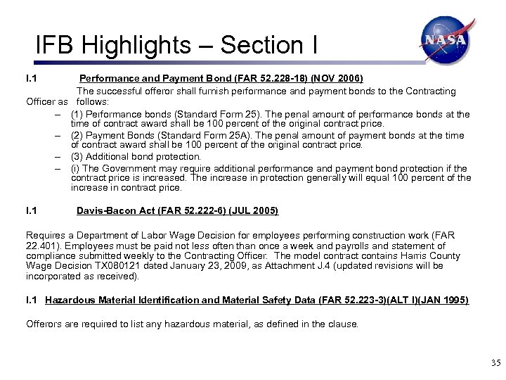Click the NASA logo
coord(445,41)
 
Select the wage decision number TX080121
coord(120,266)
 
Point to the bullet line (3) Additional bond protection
coord(136,156)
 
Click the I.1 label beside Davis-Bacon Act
coord(31,210)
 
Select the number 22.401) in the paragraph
coord(42,246)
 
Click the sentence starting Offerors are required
coord(192,324)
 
